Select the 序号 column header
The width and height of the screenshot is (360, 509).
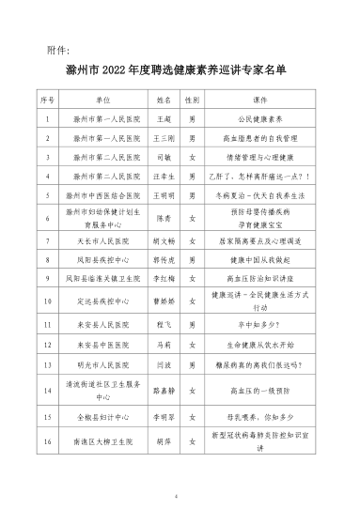pyautogui.click(x=48, y=99)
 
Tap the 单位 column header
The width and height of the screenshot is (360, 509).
pyautogui.click(x=103, y=99)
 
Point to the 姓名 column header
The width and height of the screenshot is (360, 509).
pyautogui.click(x=160, y=99)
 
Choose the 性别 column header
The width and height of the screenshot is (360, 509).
pyautogui.click(x=192, y=99)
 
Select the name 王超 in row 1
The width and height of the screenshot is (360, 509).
pyautogui.click(x=160, y=120)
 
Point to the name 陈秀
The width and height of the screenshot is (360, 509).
pyautogui.click(x=160, y=219)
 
